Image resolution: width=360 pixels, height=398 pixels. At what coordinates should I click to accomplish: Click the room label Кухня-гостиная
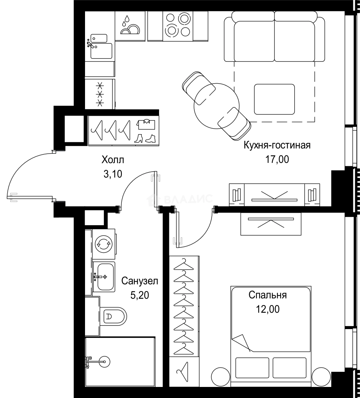(277, 146)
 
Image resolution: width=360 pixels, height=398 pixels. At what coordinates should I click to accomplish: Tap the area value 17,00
(277, 160)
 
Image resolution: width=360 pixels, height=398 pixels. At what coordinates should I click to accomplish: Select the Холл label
(113, 160)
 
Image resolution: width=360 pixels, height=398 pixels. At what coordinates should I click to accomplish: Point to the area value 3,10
(113, 174)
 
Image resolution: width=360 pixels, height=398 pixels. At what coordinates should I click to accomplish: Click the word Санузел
(140, 281)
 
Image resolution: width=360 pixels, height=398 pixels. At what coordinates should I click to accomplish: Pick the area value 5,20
(140, 295)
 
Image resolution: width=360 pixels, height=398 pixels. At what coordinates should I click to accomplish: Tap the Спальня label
(268, 295)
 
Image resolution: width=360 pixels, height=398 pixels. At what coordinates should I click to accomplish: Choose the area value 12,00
(268, 309)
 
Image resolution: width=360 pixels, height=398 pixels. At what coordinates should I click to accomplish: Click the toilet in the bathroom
(113, 316)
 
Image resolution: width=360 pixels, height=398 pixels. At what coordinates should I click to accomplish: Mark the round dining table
(216, 106)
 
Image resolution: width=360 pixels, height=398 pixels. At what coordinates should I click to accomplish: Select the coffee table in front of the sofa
(275, 99)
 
